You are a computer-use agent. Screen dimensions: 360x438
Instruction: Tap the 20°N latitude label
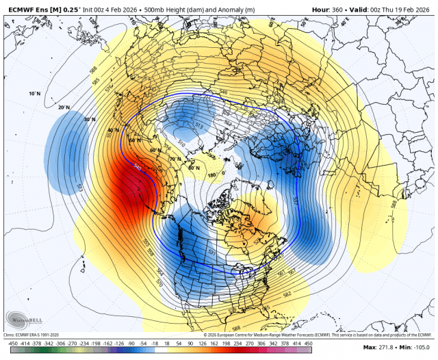[64, 107]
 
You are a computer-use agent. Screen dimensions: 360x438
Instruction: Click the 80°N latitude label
[194, 166]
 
